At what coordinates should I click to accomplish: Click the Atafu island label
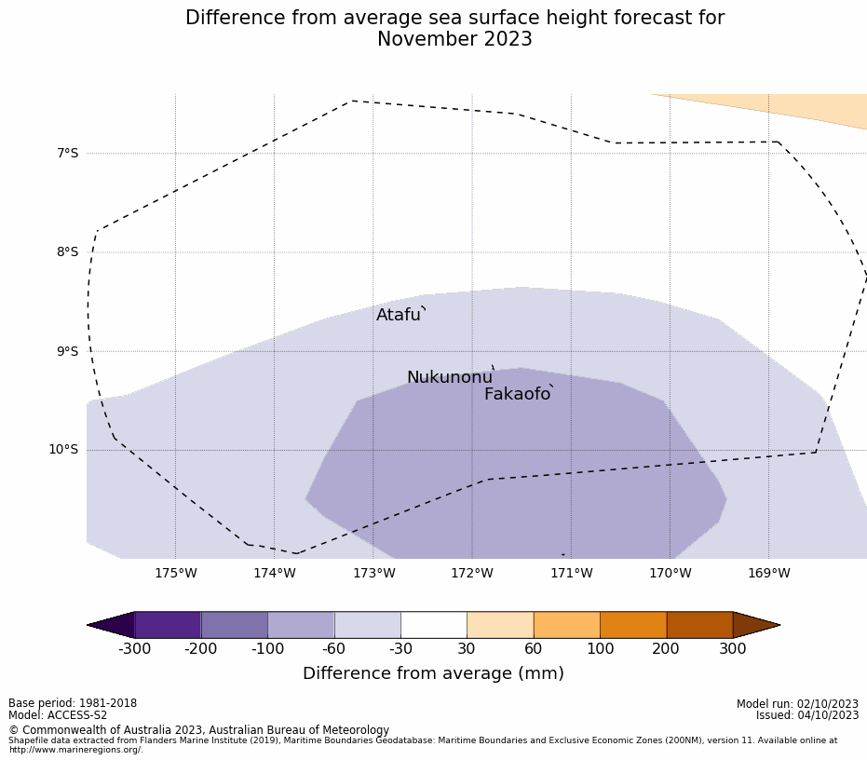point(399,315)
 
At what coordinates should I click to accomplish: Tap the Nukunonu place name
point(449,377)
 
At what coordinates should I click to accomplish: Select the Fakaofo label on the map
point(517,394)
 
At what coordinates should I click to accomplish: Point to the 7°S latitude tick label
point(68,153)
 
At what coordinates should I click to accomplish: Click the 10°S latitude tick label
point(64,450)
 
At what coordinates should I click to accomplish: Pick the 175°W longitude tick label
point(176,573)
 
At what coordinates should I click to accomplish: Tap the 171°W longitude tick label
point(571,573)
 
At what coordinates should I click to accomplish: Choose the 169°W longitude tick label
point(768,573)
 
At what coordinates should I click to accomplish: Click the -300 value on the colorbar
point(135,649)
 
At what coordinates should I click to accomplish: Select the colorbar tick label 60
point(533,649)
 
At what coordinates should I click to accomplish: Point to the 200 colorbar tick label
point(666,649)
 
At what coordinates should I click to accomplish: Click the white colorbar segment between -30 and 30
point(433,625)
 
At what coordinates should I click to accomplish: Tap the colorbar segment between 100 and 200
point(633,625)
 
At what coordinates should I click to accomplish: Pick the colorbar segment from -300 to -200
point(168,625)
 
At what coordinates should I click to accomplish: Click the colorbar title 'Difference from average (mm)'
point(433,673)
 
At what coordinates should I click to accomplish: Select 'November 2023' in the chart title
point(454,39)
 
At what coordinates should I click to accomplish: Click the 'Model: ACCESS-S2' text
point(58,715)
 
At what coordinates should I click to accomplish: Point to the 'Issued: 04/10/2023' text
point(807,715)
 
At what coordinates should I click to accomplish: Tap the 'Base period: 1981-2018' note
point(73,703)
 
